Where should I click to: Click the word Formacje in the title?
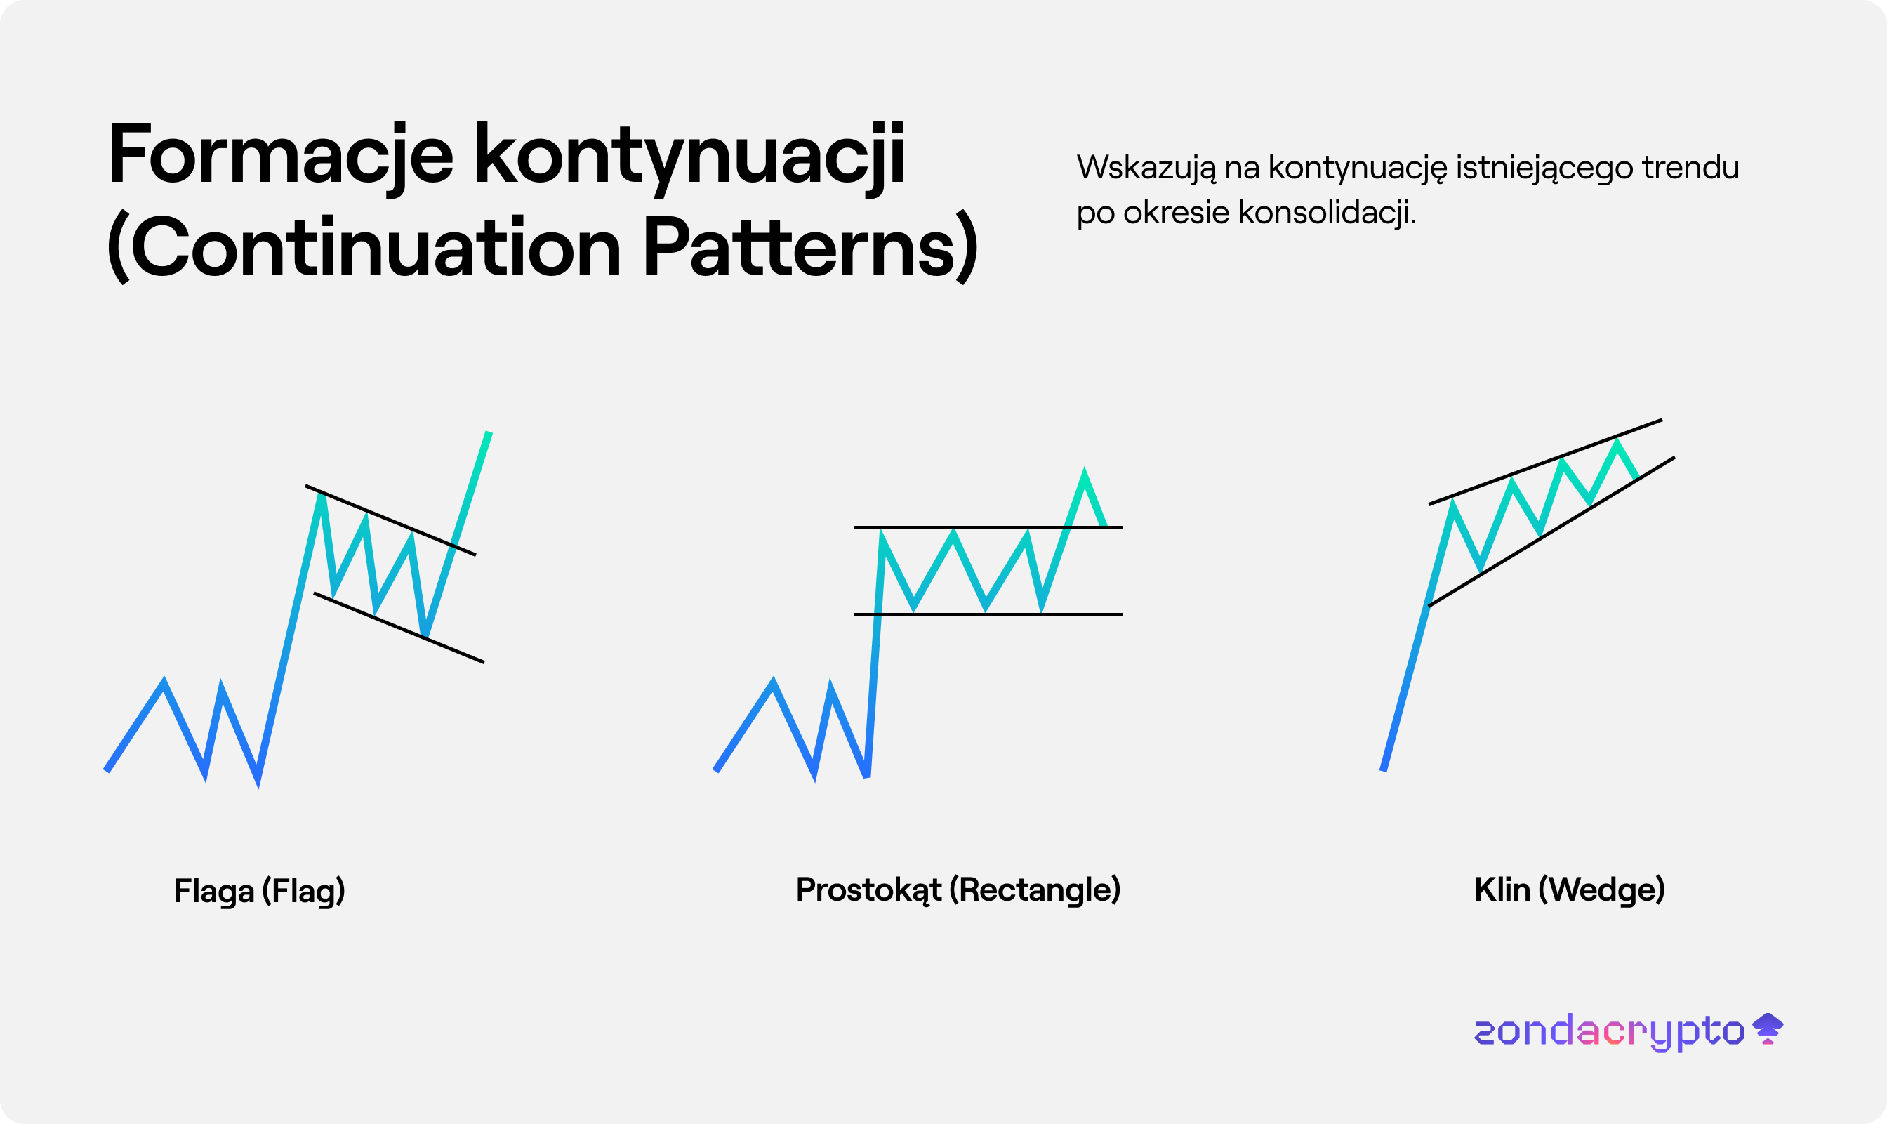point(281,154)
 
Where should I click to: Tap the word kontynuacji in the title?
point(690,157)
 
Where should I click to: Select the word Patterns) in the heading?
point(811,247)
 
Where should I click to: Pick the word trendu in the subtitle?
point(1690,167)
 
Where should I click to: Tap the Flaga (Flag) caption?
point(259,891)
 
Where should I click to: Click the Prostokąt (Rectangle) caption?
point(958,890)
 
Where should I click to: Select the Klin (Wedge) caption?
point(1570,890)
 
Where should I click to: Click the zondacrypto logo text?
point(1608,1031)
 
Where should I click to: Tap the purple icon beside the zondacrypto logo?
point(1768,1029)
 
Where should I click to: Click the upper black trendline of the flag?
point(391,520)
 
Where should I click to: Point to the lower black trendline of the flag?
point(399,628)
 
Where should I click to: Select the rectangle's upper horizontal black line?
point(988,527)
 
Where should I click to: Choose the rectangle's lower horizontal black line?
point(988,614)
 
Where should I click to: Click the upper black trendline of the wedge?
point(1546,462)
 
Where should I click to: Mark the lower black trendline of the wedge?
point(1551,531)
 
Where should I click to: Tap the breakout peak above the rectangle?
point(1085,470)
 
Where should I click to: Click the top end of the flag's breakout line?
point(489,432)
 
